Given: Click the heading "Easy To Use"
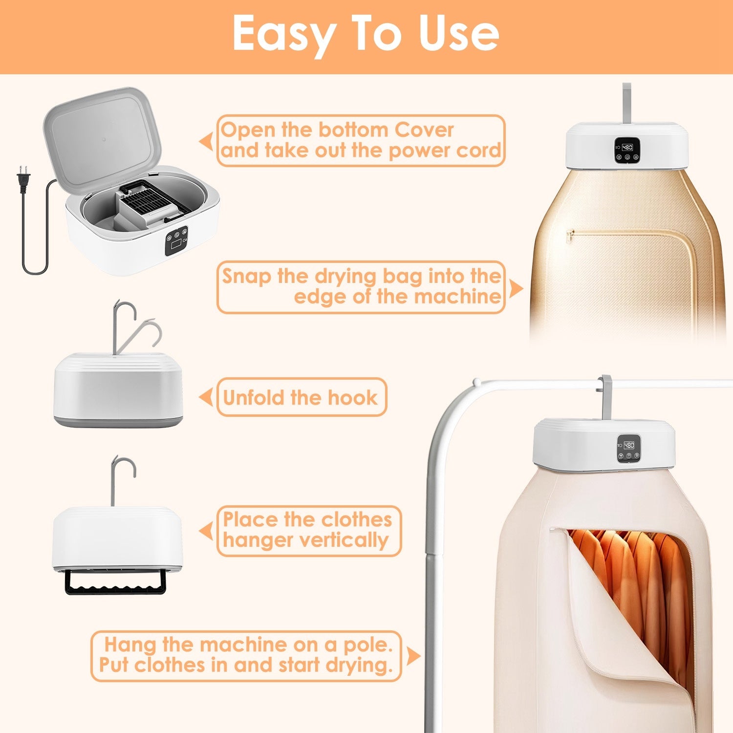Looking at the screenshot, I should (366, 33).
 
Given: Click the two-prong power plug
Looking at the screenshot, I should (22, 178).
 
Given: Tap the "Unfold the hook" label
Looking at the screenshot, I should (301, 397).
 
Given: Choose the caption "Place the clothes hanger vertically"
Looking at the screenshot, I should (308, 530).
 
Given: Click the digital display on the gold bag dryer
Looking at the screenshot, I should (627, 147).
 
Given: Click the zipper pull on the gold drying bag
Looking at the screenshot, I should (568, 237).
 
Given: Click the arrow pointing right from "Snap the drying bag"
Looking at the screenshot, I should (515, 288).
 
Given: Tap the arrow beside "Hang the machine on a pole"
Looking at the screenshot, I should (413, 656).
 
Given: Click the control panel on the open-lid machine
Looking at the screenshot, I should (176, 241).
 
